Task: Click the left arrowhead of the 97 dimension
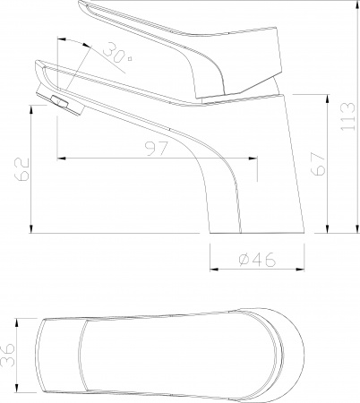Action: tap(60, 159)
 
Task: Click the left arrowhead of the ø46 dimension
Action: tap(213, 268)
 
